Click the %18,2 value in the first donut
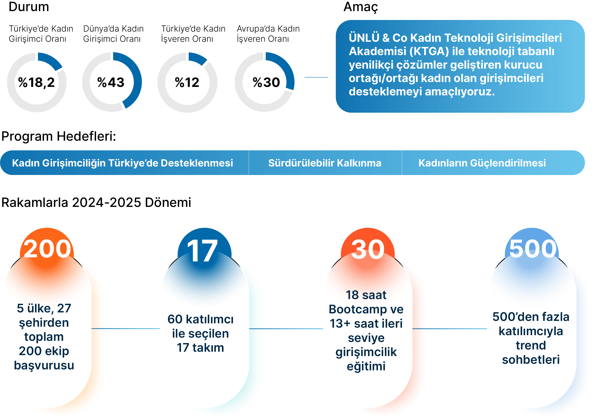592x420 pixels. [36, 83]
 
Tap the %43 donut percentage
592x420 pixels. [111, 83]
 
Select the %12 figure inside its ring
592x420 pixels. [187, 83]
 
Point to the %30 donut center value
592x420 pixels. [266, 83]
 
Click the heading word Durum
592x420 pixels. [29, 7]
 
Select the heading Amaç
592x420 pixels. [361, 7]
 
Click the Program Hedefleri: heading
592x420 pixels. [59, 136]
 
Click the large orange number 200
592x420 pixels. [47, 249]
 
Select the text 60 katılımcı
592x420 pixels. [200, 319]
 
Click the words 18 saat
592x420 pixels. [366, 295]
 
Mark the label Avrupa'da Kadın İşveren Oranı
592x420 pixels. [268, 34]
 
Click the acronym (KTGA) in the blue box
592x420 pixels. [429, 51]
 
